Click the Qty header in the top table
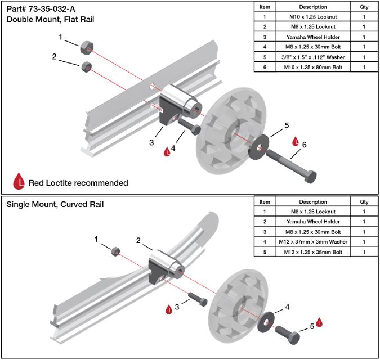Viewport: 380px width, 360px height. pos(364,7)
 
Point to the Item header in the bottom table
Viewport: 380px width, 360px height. pos(265,201)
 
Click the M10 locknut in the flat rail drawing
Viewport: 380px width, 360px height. pos(86,46)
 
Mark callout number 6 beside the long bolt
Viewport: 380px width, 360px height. pos(304,145)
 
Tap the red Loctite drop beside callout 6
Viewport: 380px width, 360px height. pos(294,141)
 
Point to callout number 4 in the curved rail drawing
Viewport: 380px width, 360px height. pos(287,307)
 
